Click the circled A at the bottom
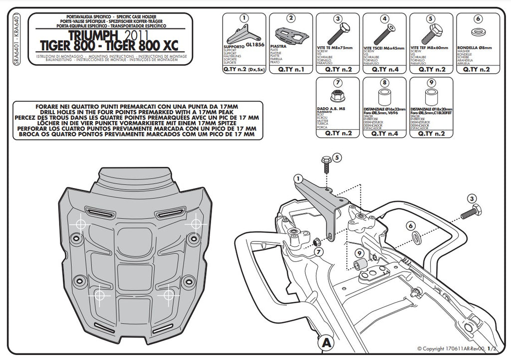point(325,343)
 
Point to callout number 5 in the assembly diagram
point(337,158)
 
